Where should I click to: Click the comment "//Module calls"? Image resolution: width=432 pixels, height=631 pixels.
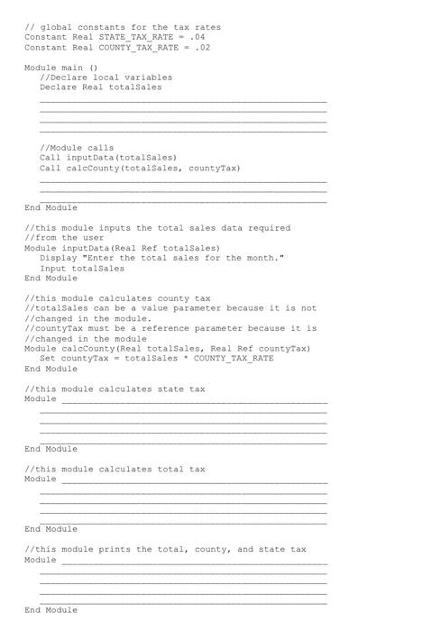(77, 148)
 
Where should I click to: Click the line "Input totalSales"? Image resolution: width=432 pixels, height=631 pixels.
(82, 268)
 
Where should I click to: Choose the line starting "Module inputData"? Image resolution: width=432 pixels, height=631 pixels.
(122, 248)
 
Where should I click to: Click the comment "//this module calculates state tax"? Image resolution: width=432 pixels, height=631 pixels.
(115, 389)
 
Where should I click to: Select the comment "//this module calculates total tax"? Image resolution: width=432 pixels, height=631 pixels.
(115, 469)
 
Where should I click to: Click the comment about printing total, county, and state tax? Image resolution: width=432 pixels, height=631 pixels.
(165, 549)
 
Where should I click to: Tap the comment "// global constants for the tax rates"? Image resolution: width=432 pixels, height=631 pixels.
(122, 27)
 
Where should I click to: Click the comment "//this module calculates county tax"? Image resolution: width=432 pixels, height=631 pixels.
(117, 298)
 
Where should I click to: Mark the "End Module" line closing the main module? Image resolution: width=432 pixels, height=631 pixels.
(51, 207)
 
